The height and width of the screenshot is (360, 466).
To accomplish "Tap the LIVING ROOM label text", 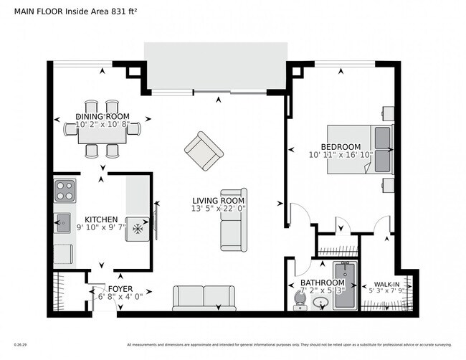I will (x=218, y=201).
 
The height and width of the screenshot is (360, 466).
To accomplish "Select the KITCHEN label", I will (x=102, y=219).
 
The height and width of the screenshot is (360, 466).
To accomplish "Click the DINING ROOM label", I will (x=102, y=117).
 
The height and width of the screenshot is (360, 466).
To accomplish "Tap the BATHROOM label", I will (x=322, y=283).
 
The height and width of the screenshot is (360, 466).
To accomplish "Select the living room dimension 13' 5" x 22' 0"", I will (x=218, y=209).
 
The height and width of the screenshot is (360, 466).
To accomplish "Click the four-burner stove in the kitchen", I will (x=65, y=191).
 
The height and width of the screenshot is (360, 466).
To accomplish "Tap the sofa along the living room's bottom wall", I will (x=204, y=298).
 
